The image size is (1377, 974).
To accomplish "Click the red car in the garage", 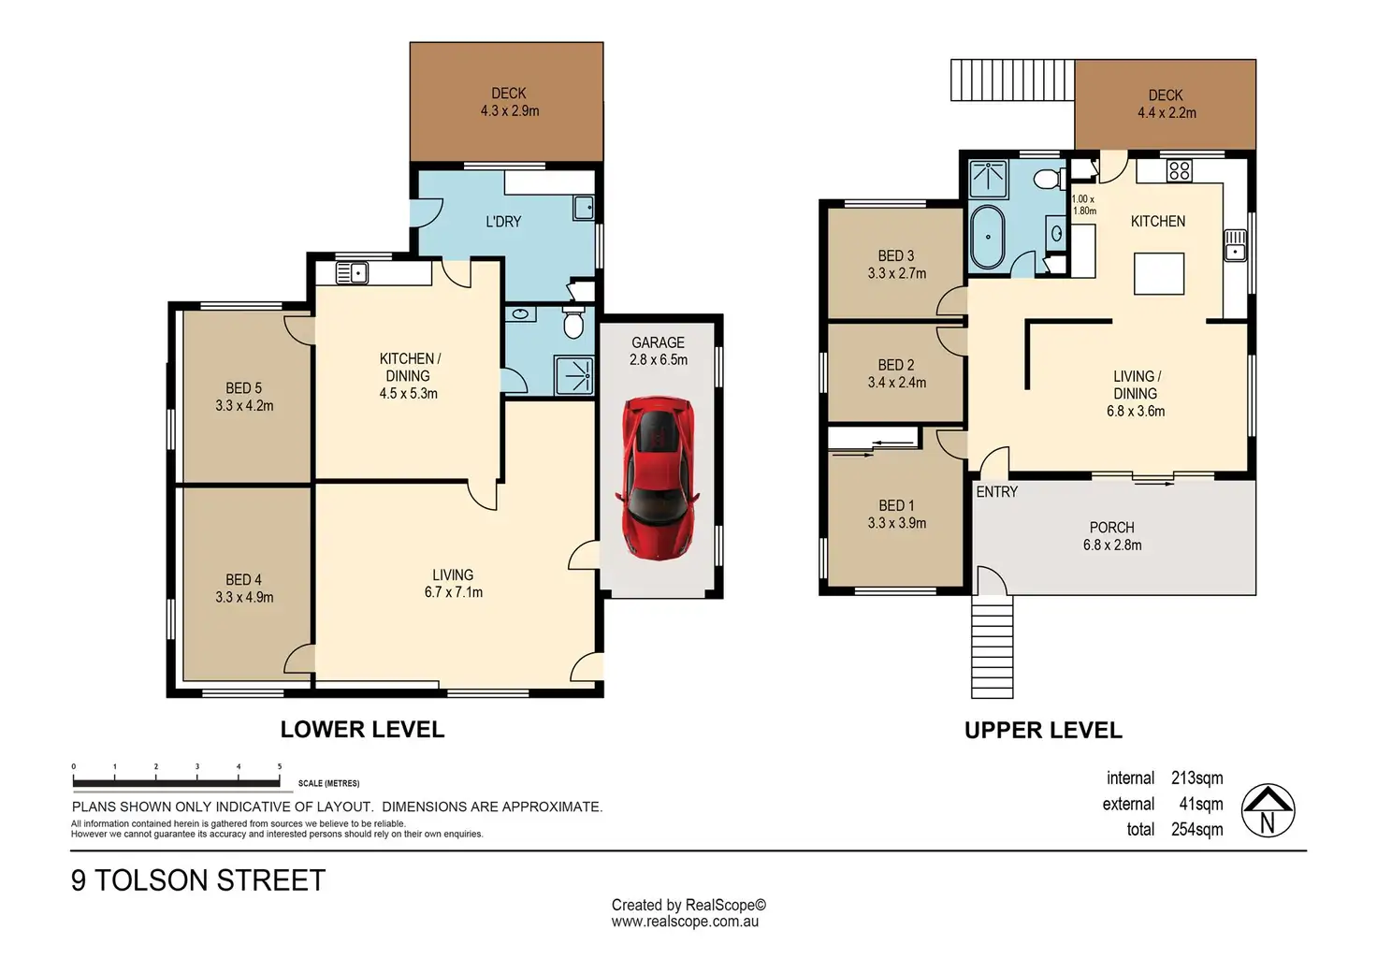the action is point(658,478).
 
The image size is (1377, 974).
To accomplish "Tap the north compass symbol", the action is point(1268,811).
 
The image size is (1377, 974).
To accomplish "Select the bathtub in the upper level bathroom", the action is point(987,237).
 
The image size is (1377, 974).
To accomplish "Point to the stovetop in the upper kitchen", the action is point(1180,170).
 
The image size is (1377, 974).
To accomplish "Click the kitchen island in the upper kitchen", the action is point(1159,273).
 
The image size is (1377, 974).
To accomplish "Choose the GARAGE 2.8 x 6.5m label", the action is point(658,351).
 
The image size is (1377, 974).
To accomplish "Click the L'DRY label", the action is point(503,222).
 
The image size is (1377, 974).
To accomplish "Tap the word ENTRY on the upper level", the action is point(997,492).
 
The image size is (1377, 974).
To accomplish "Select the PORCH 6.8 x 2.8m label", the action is point(1112,536).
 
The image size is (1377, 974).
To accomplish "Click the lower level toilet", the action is point(573,323).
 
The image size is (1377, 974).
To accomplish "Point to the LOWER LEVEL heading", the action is point(362,729).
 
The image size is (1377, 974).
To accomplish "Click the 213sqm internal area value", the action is point(1196,778).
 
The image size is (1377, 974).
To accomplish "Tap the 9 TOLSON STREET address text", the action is point(198,880).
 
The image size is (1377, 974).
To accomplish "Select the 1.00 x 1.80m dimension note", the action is point(1084,205).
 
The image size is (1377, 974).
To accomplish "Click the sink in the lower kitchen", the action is point(352,272).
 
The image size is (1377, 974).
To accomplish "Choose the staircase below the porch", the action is point(993,647).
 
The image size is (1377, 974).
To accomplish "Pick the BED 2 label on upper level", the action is point(896,373).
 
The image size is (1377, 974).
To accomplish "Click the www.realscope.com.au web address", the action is point(685,922).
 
